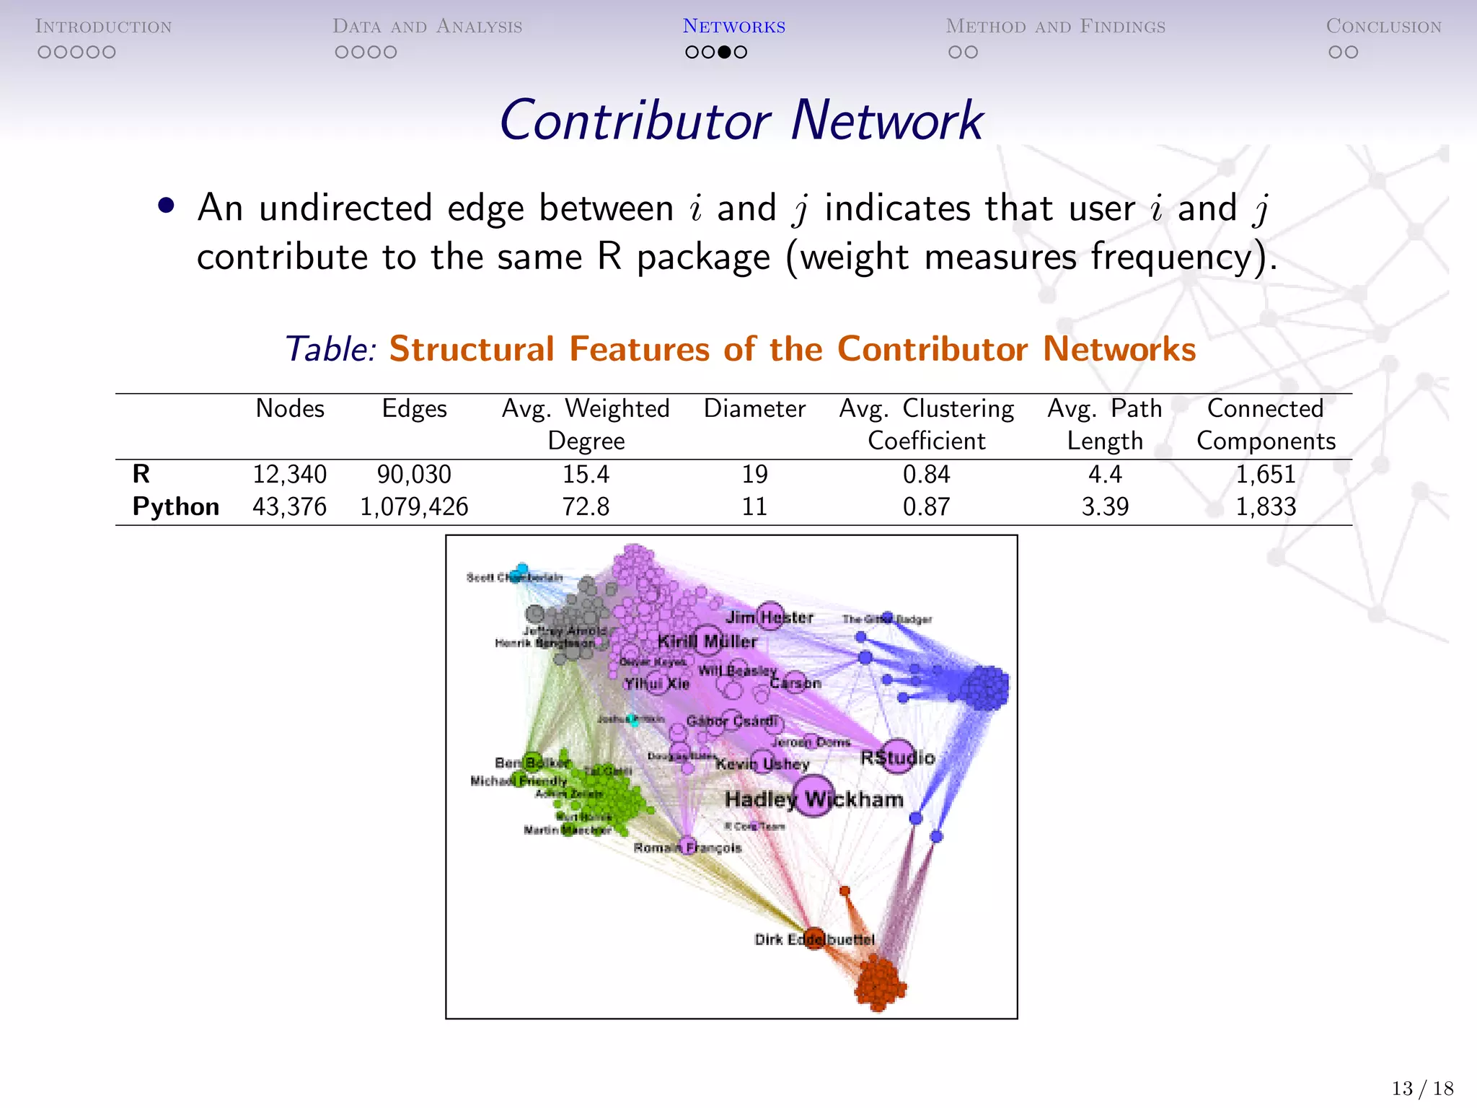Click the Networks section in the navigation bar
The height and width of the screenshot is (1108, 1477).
pyautogui.click(x=733, y=27)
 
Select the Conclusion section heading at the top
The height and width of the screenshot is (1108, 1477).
pyautogui.click(x=1383, y=27)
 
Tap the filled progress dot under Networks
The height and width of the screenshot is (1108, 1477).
pyautogui.click(x=724, y=52)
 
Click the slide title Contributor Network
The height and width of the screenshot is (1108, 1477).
pyautogui.click(x=741, y=120)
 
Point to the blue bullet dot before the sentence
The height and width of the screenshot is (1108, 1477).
pyautogui.click(x=167, y=206)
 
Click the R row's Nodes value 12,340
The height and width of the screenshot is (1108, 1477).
pyautogui.click(x=289, y=475)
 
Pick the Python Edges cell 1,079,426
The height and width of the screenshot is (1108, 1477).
pyautogui.click(x=414, y=507)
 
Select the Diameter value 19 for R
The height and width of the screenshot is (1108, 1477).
pyautogui.click(x=754, y=475)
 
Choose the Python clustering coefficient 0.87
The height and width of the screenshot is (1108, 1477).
pyautogui.click(x=926, y=507)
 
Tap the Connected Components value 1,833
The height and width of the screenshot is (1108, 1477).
pyautogui.click(x=1266, y=507)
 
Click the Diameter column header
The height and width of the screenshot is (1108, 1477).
pyautogui.click(x=754, y=409)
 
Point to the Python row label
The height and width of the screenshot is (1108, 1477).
pyautogui.click(x=175, y=507)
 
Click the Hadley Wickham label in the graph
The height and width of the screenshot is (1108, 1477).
pyautogui.click(x=814, y=799)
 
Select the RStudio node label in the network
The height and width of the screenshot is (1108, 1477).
pyautogui.click(x=897, y=757)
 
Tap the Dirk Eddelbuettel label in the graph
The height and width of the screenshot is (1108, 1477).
pyautogui.click(x=814, y=939)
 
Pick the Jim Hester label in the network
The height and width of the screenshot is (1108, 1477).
pyautogui.click(x=770, y=617)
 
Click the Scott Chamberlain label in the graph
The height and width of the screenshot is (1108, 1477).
pyautogui.click(x=514, y=577)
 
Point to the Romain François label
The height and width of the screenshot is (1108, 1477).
pyautogui.click(x=687, y=848)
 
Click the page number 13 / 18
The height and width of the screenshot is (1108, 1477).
pyautogui.click(x=1422, y=1088)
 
